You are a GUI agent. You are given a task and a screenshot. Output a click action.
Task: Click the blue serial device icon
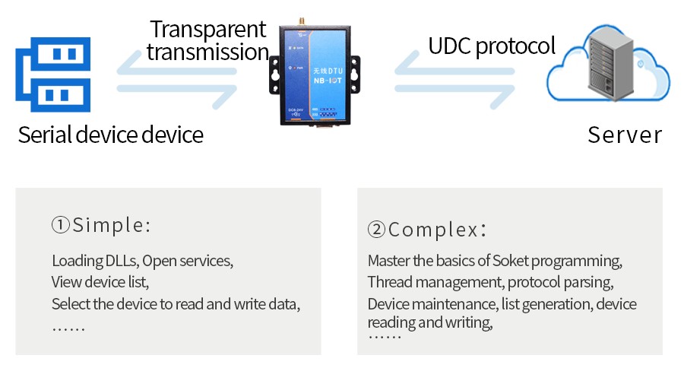(53, 74)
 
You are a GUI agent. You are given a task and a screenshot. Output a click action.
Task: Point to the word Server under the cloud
(625, 135)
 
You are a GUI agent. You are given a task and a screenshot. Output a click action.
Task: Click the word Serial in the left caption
(45, 135)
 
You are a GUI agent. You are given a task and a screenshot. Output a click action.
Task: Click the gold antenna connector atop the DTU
(312, 21)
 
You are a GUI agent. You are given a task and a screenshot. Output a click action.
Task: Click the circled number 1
(61, 225)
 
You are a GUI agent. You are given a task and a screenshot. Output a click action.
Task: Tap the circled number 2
(376, 230)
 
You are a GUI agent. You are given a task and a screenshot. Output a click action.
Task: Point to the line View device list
(100, 283)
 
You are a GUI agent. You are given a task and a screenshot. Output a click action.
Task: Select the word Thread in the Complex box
(391, 283)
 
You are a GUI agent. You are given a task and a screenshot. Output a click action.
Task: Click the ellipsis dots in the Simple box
(68, 328)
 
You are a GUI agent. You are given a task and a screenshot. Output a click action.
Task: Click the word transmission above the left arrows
(207, 52)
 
